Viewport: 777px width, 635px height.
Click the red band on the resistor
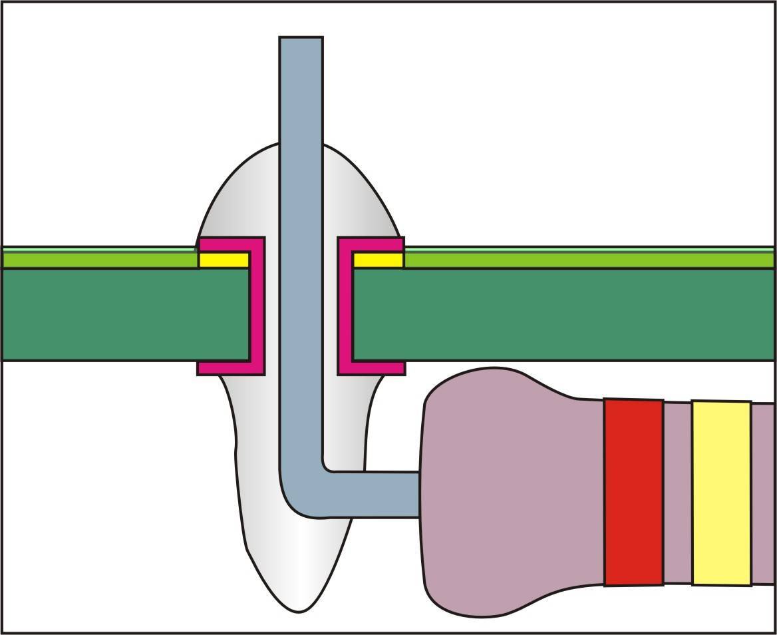633,492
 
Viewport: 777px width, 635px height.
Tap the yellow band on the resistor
721,493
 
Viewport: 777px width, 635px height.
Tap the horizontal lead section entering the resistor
373,495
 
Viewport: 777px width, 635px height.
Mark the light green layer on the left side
100,259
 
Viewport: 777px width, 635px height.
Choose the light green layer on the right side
585,259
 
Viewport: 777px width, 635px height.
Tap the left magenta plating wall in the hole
257,306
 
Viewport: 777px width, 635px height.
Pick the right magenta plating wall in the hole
345,306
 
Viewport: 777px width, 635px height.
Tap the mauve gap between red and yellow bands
677,493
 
